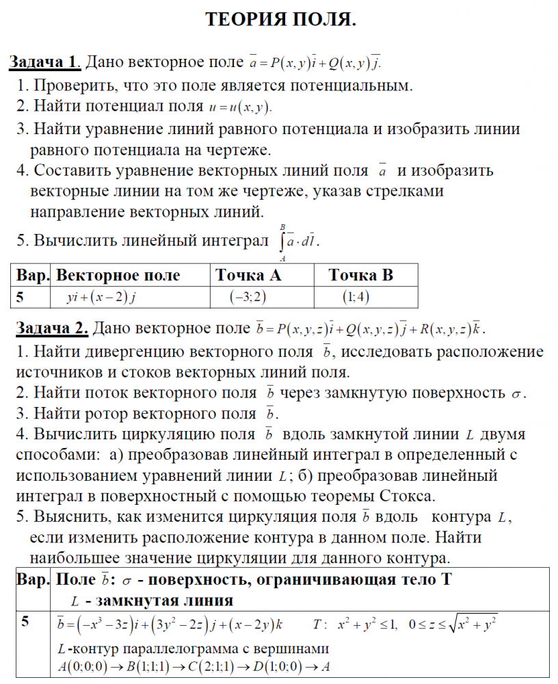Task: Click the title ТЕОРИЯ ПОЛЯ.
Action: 280,20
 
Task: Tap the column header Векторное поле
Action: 118,276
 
